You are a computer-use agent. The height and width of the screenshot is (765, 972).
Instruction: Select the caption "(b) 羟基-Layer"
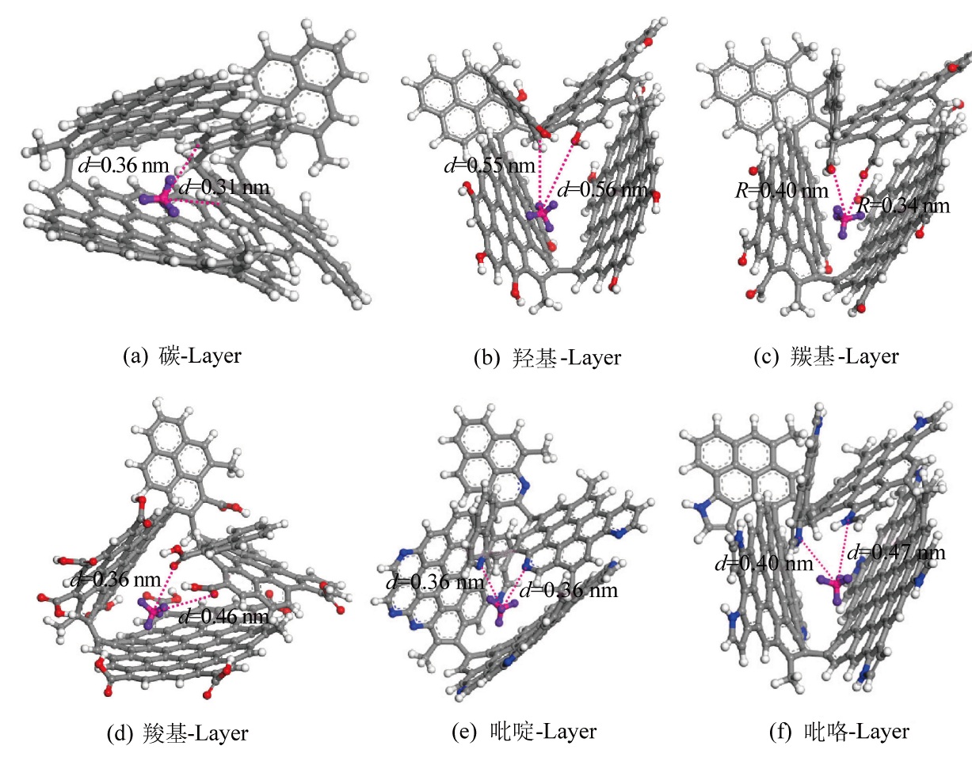click(x=547, y=358)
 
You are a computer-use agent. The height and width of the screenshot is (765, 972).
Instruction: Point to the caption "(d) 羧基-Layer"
click(x=177, y=733)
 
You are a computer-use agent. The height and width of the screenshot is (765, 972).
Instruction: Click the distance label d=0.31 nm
click(x=224, y=188)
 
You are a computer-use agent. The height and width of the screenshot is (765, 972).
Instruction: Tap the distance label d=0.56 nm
click(x=604, y=190)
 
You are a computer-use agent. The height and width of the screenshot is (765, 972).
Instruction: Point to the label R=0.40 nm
click(x=782, y=190)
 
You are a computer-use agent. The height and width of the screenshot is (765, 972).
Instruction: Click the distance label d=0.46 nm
click(x=223, y=615)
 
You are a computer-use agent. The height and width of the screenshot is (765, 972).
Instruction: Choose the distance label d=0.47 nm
click(x=897, y=552)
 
